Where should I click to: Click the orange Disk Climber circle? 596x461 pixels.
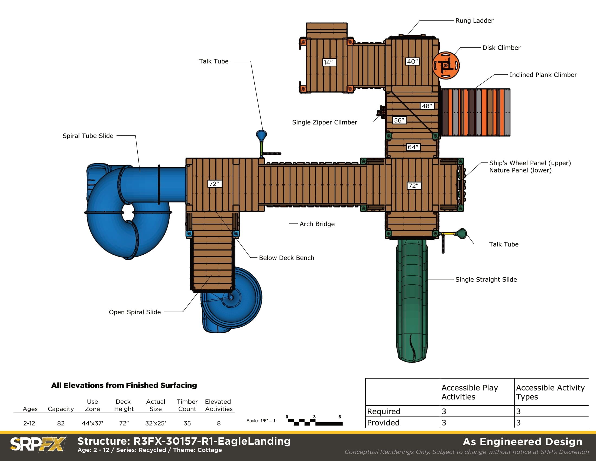[446, 65]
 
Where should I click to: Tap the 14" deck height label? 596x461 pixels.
[329, 62]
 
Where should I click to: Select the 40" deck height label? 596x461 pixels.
[412, 62]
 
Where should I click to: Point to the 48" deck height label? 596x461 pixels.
[427, 106]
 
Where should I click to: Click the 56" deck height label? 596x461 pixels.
[399, 120]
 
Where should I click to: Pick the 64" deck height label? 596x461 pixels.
[413, 147]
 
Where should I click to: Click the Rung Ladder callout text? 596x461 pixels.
[474, 21]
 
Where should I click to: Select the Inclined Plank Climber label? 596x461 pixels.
[543, 75]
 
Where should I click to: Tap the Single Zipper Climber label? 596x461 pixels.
[325, 122]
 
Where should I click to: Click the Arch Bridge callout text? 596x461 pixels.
[317, 224]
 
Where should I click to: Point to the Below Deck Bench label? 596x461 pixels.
[287, 258]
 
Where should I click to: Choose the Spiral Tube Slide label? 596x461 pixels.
[88, 136]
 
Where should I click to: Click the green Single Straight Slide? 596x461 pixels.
[412, 300]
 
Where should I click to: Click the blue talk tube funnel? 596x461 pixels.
[261, 135]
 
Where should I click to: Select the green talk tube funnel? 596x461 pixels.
[462, 233]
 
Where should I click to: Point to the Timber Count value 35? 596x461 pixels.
[187, 423]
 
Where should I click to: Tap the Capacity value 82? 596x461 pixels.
[61, 423]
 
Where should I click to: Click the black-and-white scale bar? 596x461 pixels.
[315, 422]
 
